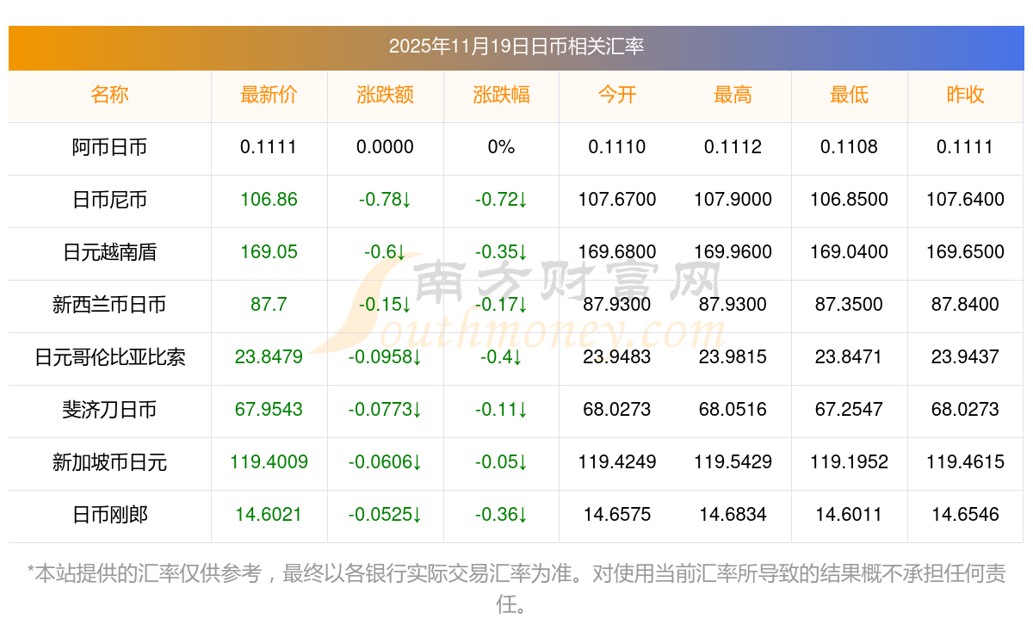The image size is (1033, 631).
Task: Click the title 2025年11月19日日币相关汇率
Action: [516, 46]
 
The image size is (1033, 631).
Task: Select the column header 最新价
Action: [269, 96]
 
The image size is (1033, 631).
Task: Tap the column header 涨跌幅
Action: [501, 96]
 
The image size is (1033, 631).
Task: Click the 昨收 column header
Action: [965, 96]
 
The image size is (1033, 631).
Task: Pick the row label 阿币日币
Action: [109, 147]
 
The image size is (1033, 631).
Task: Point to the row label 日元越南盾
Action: [109, 252]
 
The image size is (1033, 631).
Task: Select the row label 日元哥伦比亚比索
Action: [109, 357]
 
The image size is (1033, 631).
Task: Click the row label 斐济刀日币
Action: [109, 410]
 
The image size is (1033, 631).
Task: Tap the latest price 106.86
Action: [269, 200]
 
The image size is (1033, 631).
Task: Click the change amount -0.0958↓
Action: [385, 357]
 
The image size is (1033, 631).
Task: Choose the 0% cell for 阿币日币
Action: [501, 147]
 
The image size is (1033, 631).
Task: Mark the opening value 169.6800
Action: [617, 252]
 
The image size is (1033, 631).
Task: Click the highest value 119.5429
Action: [733, 462]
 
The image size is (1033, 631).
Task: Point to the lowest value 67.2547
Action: [849, 410]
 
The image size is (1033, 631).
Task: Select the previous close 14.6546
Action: [965, 515]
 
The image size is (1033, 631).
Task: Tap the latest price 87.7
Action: [269, 305]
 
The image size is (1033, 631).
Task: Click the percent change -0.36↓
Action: [501, 515]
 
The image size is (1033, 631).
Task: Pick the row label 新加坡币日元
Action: [109, 462]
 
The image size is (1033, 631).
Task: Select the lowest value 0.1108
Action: [849, 147]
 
